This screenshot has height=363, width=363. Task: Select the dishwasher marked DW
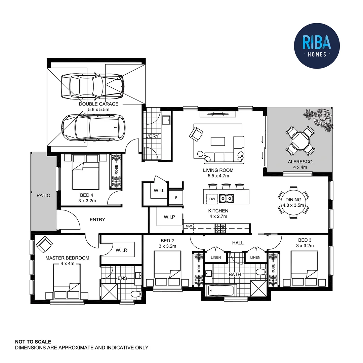pyautogui.click(x=211, y=199)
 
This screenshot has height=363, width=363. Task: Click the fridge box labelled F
pyautogui.click(x=176, y=198)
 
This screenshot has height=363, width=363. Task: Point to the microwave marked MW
pyautogui.click(x=189, y=227)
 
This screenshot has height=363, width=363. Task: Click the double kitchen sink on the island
pyautogui.click(x=226, y=199)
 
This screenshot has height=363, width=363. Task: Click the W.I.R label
pyautogui.click(x=121, y=250)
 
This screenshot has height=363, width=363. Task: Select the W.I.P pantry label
pyautogui.click(x=169, y=217)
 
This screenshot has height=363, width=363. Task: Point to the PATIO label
pyautogui.click(x=43, y=195)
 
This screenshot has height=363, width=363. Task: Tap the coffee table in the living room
pyautogui.click(x=218, y=141)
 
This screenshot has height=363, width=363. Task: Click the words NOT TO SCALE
pyautogui.click(x=33, y=341)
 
